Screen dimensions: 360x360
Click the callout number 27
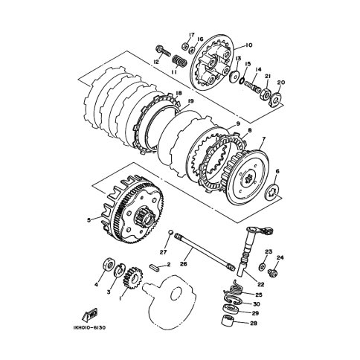click(164, 252)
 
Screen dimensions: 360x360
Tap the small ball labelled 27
click(170, 232)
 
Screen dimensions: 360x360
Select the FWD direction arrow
click(89, 315)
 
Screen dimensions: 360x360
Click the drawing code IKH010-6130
click(89, 328)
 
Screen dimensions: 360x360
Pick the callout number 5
click(89, 219)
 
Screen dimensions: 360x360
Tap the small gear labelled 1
click(132, 277)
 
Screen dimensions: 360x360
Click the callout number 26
click(184, 264)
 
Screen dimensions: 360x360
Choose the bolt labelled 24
click(273, 273)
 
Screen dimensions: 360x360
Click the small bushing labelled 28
click(228, 321)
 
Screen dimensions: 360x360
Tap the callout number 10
click(249, 45)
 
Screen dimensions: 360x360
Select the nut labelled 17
click(184, 46)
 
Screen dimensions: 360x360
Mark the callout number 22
click(261, 285)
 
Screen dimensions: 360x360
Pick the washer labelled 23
click(262, 266)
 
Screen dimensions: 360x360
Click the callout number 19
click(190, 101)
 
